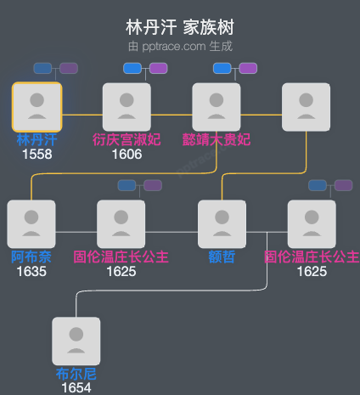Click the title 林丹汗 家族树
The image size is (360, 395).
(180, 26)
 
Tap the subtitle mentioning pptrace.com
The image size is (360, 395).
(180, 45)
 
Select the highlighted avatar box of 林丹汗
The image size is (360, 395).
(37, 106)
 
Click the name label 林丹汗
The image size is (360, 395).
(37, 139)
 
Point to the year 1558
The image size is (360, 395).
(37, 155)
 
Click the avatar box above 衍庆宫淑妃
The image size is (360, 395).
(127, 106)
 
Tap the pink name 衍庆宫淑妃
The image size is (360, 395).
(127, 139)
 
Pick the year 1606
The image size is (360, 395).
(127, 155)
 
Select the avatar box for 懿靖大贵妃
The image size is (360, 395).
(217, 106)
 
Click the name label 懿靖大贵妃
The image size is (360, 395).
(217, 139)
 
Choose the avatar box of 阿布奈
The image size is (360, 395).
(31, 224)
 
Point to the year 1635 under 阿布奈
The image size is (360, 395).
(31, 272)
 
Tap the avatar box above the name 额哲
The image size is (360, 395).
(222, 224)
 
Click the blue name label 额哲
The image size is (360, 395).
(222, 257)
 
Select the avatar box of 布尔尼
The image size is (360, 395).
(76, 341)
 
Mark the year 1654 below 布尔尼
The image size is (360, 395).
(76, 388)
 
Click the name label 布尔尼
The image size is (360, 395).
(76, 374)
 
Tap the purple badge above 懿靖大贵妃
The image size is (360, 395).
(248, 68)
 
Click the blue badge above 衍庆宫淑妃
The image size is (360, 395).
(132, 68)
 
